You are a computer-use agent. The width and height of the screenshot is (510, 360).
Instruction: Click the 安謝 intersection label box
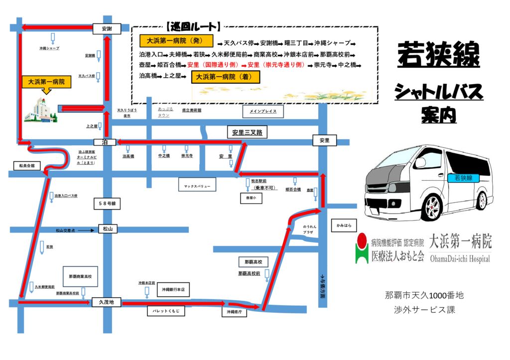point(107,29)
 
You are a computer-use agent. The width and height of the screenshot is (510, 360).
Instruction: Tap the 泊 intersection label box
point(105,142)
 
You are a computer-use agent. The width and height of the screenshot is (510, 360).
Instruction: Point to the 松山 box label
point(107,229)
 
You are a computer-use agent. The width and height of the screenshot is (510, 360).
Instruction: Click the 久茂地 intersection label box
point(106,302)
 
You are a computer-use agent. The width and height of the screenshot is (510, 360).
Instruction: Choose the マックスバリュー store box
point(197,186)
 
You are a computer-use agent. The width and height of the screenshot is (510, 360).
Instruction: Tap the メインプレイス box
point(263,112)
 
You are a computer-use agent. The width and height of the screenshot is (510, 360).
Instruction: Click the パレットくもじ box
point(166,311)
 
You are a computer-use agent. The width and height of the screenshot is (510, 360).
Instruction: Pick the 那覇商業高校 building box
point(81,276)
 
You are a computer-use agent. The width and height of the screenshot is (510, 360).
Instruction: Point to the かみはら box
point(344,226)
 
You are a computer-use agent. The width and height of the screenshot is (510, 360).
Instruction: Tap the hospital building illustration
point(40,111)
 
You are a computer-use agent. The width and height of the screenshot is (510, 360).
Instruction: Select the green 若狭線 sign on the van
point(463,178)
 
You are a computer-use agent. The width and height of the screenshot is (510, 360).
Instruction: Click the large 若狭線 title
point(438,55)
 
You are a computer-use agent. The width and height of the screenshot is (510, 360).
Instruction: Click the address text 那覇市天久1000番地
point(424,295)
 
